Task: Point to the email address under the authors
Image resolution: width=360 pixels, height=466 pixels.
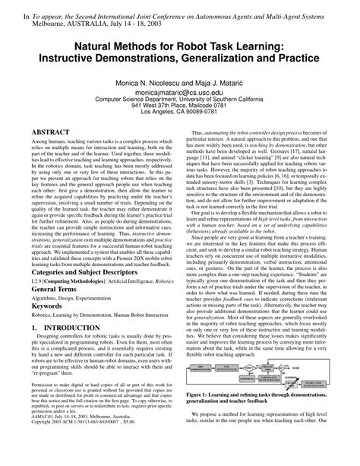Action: click(179, 90)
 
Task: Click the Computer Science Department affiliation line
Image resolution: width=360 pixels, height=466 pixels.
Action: click(179, 98)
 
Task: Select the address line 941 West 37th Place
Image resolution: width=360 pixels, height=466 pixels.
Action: click(179, 106)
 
